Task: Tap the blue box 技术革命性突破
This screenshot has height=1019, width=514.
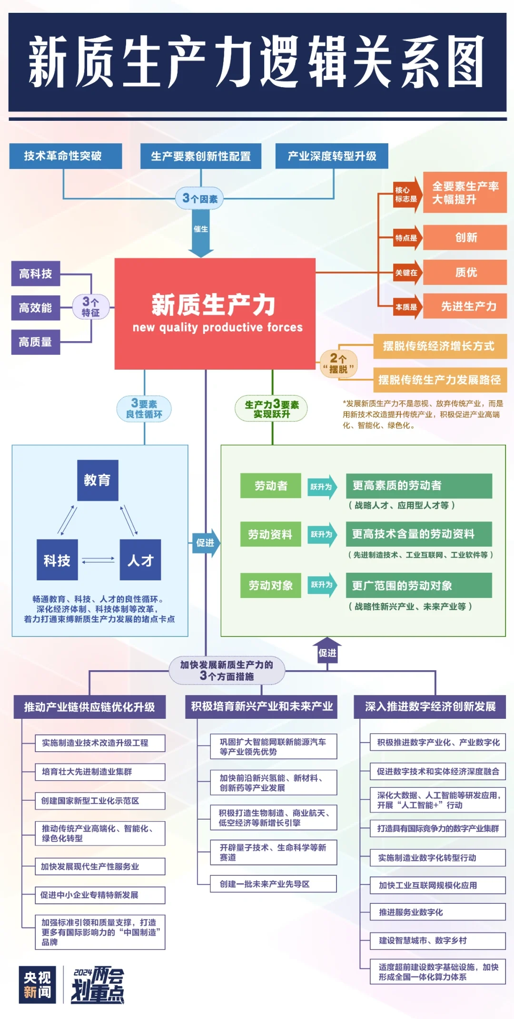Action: (x=65, y=156)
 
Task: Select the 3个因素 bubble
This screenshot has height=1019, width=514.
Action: (x=200, y=198)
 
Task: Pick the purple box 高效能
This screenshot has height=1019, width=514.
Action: (x=36, y=308)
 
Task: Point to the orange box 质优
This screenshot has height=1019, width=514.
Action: (x=465, y=272)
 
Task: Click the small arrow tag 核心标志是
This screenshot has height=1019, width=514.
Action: (x=407, y=194)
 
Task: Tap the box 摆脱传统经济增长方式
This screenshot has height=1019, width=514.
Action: (x=439, y=346)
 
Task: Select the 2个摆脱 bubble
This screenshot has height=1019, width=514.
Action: (x=338, y=363)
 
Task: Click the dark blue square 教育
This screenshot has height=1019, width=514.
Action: (x=98, y=480)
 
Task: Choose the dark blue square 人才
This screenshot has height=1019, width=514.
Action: (x=140, y=560)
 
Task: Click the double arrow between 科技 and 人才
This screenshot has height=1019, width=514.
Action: (x=99, y=560)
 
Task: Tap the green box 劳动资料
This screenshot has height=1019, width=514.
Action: (x=270, y=534)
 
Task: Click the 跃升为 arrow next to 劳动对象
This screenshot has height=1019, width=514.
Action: (x=322, y=585)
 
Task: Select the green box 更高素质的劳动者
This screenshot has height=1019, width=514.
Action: (x=418, y=485)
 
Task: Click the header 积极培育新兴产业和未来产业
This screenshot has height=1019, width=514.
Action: (x=261, y=706)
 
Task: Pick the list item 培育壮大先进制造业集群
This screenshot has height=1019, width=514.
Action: (x=100, y=772)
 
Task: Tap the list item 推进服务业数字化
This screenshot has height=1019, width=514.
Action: (x=437, y=912)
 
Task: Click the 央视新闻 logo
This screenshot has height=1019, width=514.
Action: (x=38, y=985)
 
